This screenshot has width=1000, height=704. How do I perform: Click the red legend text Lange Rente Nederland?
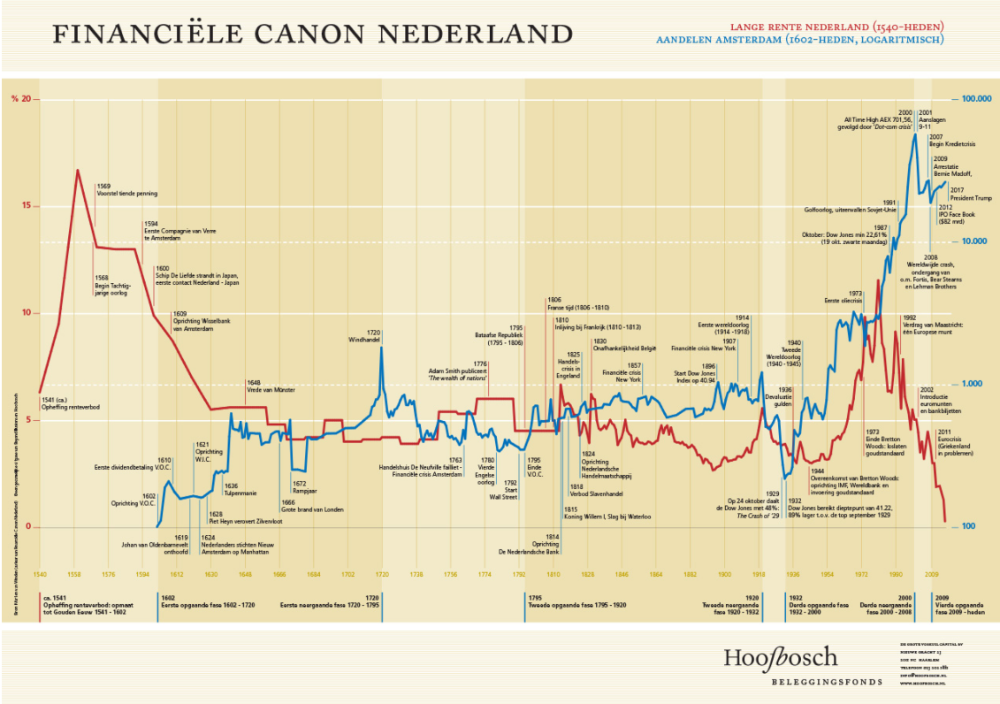click(836, 27)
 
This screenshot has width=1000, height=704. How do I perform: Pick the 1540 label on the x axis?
click(40, 574)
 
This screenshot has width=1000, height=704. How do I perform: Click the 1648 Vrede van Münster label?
click(272, 386)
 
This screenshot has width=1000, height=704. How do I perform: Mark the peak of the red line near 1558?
click(78, 170)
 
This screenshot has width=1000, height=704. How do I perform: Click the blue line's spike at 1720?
click(381, 348)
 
